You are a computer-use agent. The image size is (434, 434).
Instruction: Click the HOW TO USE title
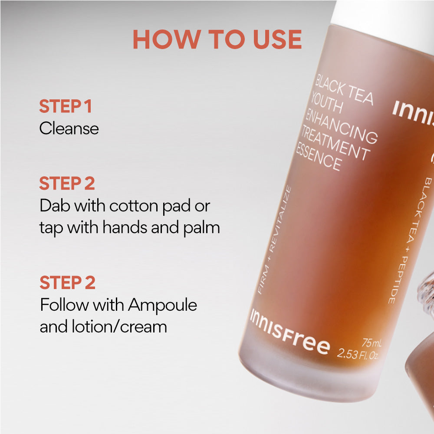click(x=217, y=39)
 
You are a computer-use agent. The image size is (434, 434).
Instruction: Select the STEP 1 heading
click(x=65, y=106)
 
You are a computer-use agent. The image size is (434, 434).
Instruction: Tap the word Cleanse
click(x=69, y=128)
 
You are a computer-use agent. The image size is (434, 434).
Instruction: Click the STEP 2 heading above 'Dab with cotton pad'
click(x=67, y=184)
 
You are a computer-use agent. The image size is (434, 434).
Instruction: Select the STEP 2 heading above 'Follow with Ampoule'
click(x=67, y=283)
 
